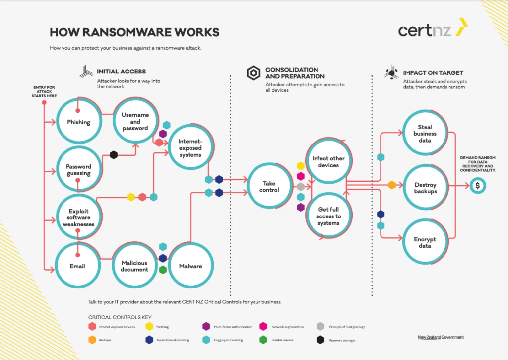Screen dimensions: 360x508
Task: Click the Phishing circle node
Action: click(78, 122)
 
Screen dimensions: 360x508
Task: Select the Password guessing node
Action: click(78, 170)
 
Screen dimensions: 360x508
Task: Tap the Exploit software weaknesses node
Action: click(78, 217)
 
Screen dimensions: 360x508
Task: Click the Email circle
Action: click(77, 266)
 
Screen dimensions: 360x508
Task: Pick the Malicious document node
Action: click(134, 266)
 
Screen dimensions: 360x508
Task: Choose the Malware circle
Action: click(190, 266)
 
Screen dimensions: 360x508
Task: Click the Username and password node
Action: click(135, 121)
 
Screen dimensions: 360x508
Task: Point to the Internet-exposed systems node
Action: click(190, 148)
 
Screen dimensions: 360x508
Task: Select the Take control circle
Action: click(269, 187)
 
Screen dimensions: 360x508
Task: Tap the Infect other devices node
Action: click(328, 162)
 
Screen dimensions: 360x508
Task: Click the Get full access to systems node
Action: click(328, 216)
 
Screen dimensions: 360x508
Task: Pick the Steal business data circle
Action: click(425, 134)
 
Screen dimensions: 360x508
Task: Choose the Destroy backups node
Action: click(425, 188)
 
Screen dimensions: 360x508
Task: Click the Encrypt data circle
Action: click(425, 242)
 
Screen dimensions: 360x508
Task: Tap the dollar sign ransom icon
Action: click(478, 186)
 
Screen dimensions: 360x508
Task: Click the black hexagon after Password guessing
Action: click(114, 155)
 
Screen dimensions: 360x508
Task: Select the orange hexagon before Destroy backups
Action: click(392, 185)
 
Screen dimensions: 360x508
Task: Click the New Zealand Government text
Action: click(441, 337)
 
